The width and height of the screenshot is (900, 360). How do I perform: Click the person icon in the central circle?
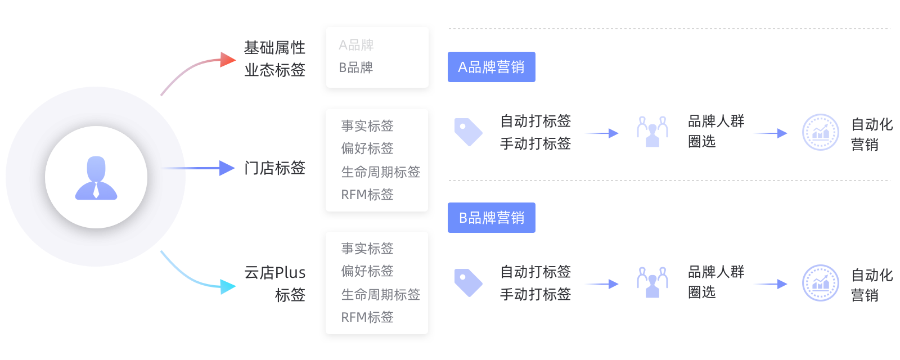point(96,178)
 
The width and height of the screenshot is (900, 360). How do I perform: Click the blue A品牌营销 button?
point(491,67)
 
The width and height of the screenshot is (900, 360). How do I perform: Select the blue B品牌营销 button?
point(491,218)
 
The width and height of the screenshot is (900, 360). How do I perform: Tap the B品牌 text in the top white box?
point(356,67)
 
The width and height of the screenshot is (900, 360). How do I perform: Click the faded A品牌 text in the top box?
point(356,45)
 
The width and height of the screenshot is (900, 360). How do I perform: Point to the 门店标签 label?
point(274,168)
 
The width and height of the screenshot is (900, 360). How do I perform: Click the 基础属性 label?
point(274,48)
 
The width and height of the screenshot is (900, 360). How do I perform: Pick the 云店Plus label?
point(274,273)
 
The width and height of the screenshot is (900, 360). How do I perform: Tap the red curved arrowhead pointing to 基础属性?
point(228,59)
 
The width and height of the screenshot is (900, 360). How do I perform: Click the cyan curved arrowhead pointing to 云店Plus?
point(228,287)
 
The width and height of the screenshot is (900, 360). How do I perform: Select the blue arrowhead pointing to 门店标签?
point(227,168)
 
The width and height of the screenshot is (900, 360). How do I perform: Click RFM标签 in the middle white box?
point(367,195)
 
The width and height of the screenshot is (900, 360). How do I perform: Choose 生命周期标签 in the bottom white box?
point(381,294)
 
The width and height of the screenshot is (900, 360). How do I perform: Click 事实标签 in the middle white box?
point(367,126)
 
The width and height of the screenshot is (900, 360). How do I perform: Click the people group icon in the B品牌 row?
point(652,282)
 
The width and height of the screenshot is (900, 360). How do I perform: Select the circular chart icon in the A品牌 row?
point(820,132)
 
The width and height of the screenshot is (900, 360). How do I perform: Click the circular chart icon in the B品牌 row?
point(820,283)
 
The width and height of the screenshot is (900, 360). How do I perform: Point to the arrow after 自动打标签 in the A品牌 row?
point(601,133)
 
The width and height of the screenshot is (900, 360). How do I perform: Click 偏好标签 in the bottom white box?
point(367,271)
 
